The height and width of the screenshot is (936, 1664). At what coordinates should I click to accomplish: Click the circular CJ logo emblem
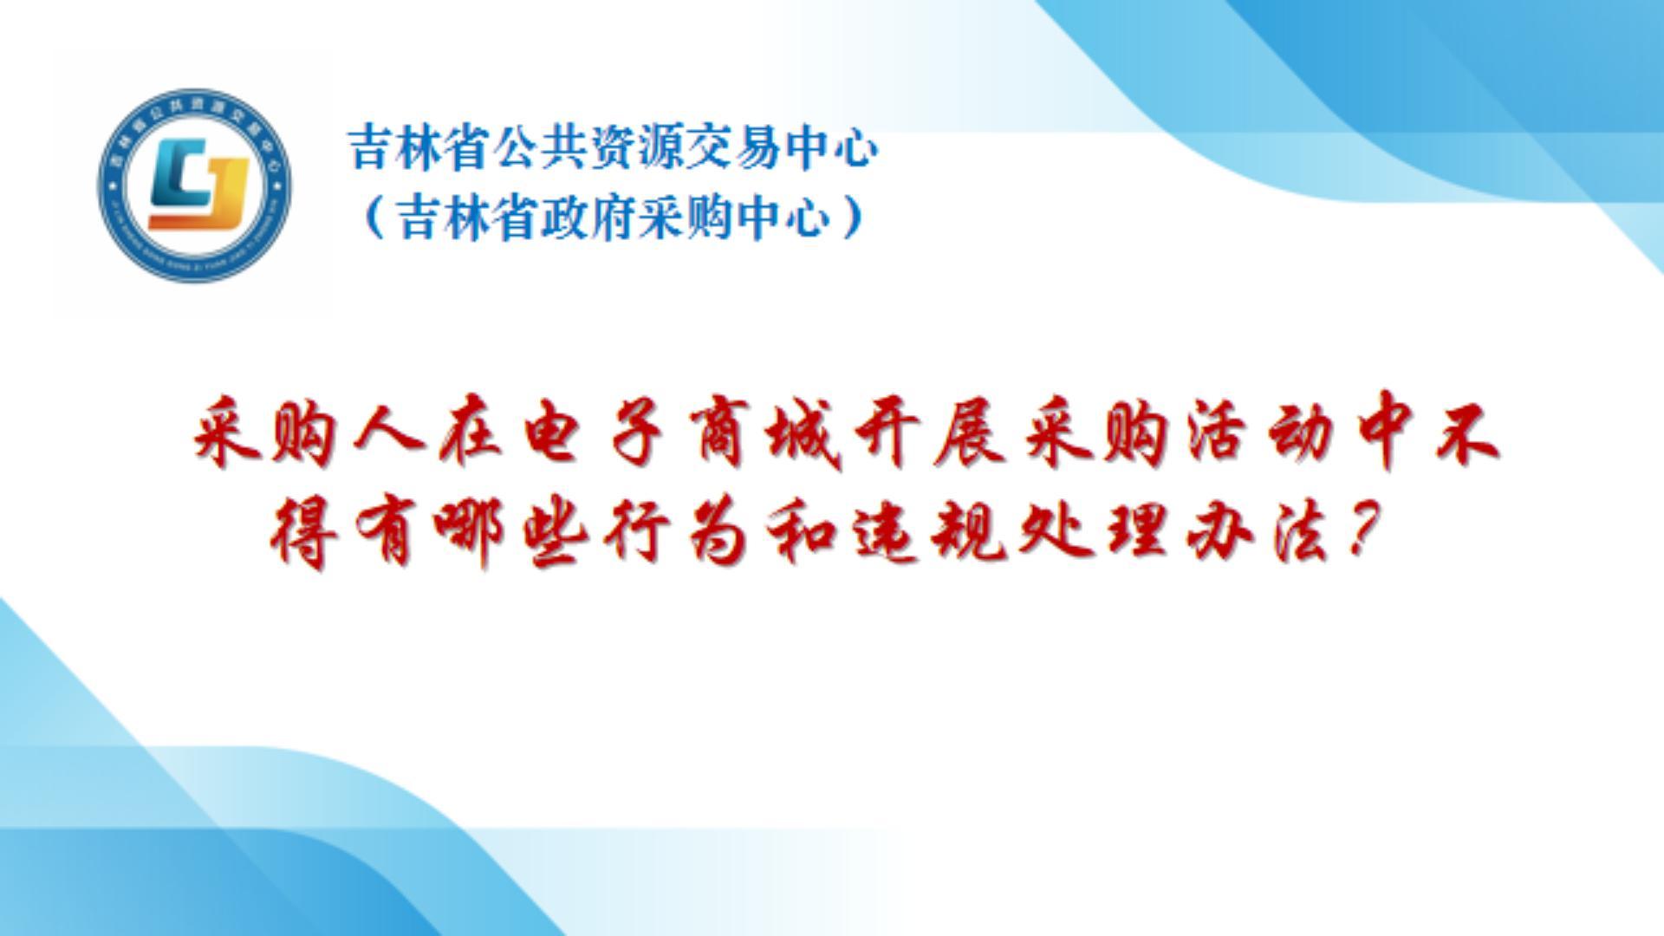click(x=194, y=185)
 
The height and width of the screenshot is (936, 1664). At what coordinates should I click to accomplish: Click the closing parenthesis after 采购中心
click(x=853, y=218)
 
